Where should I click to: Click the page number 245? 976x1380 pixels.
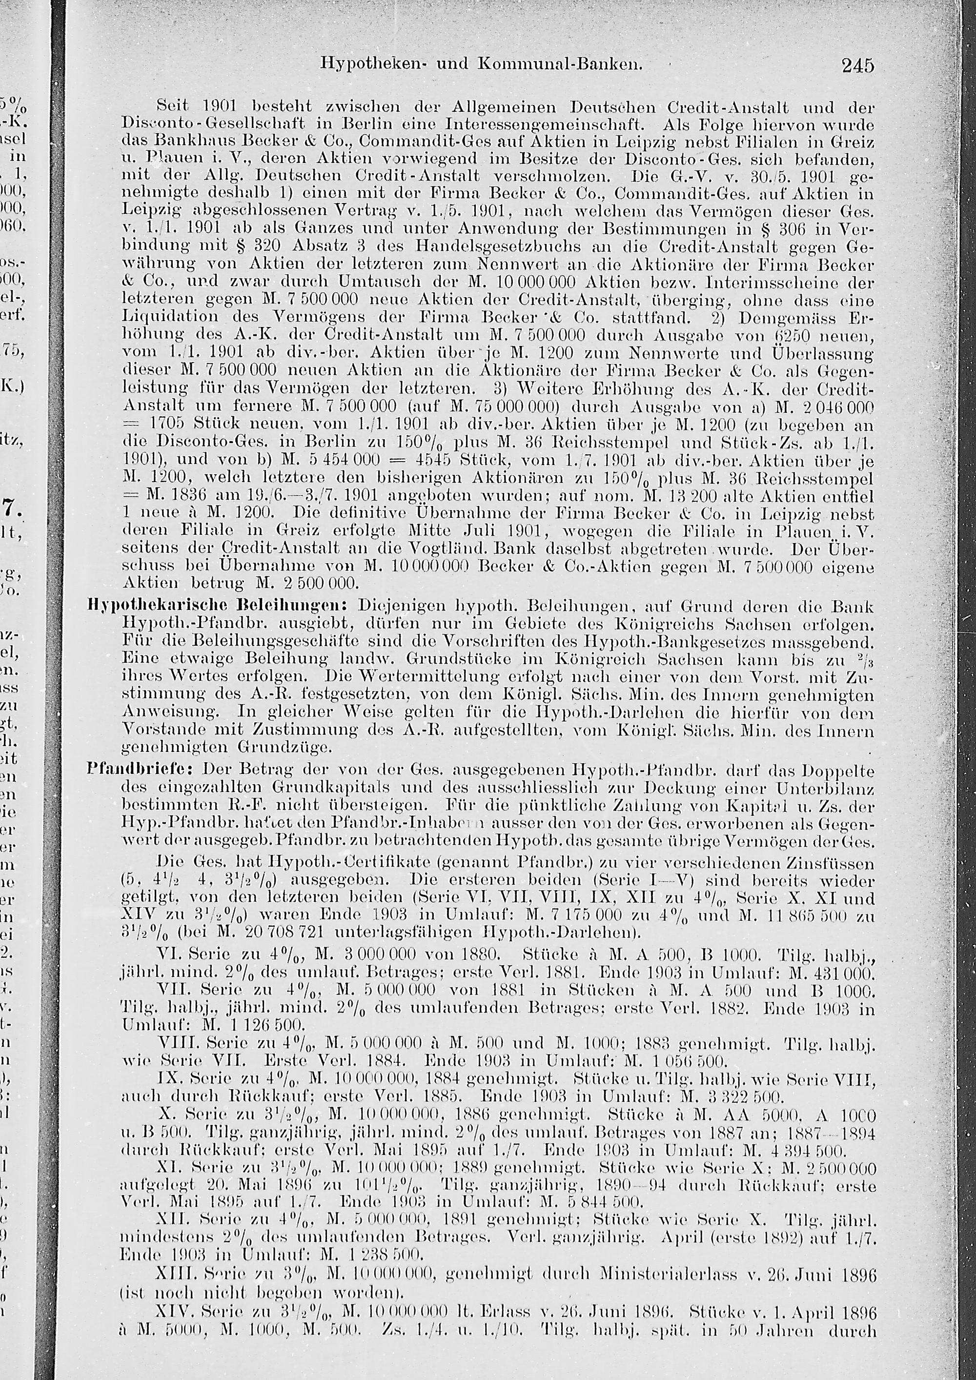[857, 64]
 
